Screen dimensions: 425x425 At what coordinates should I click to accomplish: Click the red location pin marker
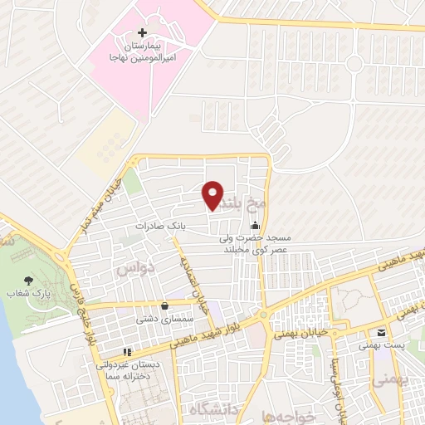(x=213, y=193)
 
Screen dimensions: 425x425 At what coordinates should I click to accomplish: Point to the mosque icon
(x=255, y=225)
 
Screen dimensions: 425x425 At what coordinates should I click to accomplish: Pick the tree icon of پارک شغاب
(x=31, y=281)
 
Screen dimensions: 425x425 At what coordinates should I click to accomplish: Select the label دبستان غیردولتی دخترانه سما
(x=133, y=369)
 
